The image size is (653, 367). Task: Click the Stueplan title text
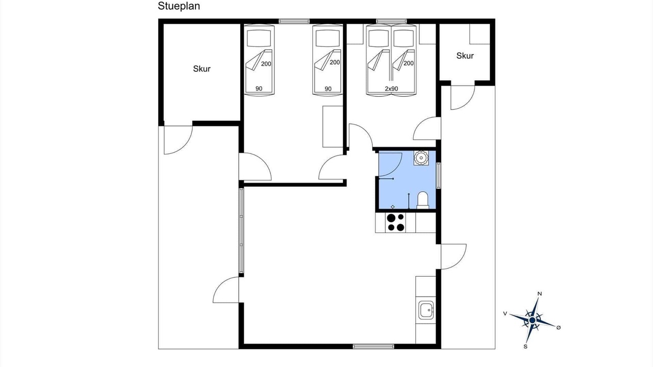(179, 7)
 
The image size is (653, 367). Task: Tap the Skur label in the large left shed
(202, 69)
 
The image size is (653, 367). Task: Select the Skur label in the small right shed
(465, 56)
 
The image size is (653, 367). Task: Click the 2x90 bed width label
(391, 89)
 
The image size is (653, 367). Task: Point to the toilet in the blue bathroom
(423, 200)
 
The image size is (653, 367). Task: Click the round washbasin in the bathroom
(421, 158)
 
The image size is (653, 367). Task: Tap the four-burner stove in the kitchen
(395, 223)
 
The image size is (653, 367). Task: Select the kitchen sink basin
(426, 310)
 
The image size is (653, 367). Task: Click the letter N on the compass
(540, 294)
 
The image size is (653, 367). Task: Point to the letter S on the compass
(525, 347)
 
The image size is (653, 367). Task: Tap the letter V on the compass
(505, 313)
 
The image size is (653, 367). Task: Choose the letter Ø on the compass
(559, 328)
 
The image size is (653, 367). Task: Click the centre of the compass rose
(532, 321)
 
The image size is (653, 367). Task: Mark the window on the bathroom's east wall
(438, 175)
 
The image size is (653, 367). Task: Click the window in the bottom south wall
(373, 346)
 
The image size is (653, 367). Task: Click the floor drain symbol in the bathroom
(393, 207)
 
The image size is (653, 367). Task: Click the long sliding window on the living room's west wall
(241, 231)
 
